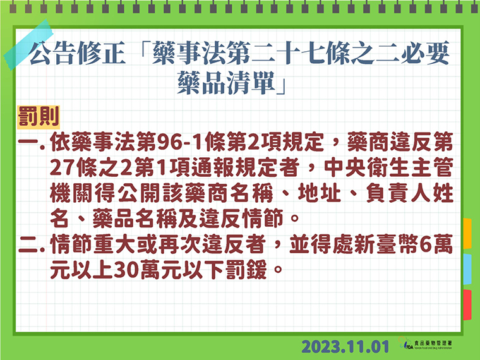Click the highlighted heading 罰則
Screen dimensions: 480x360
click(x=39, y=117)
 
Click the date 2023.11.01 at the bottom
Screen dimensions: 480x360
click(x=345, y=347)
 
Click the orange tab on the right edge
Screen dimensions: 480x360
click(x=467, y=233)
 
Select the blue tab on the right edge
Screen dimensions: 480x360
click(x=467, y=269)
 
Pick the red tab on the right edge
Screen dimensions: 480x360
click(x=467, y=305)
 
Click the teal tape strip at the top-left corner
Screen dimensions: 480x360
click(x=28, y=45)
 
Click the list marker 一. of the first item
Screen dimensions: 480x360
click(x=32, y=143)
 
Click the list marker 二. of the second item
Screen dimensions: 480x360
click(x=32, y=246)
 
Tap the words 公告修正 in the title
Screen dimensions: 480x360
click(x=78, y=53)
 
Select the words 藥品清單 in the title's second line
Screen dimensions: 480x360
click(x=226, y=83)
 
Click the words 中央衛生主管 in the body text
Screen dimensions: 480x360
click(x=388, y=168)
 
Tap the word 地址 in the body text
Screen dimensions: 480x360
click(x=319, y=193)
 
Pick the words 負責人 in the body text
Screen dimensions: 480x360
click(x=398, y=193)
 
